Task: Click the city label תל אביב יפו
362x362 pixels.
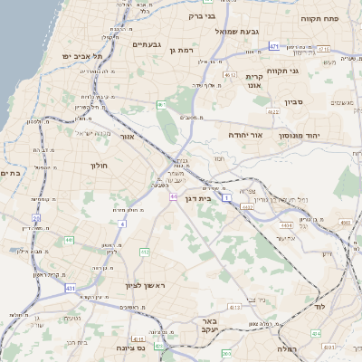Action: [82, 56]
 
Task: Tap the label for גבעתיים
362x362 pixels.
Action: [146, 43]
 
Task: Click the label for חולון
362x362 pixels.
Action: [99, 166]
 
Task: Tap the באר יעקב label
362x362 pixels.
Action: [210, 327]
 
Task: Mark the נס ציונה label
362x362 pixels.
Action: [131, 348]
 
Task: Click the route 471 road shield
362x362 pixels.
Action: [274, 44]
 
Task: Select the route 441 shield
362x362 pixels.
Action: [70, 240]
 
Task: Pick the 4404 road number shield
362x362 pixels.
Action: [286, 224]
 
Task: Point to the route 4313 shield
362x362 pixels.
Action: [234, 308]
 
